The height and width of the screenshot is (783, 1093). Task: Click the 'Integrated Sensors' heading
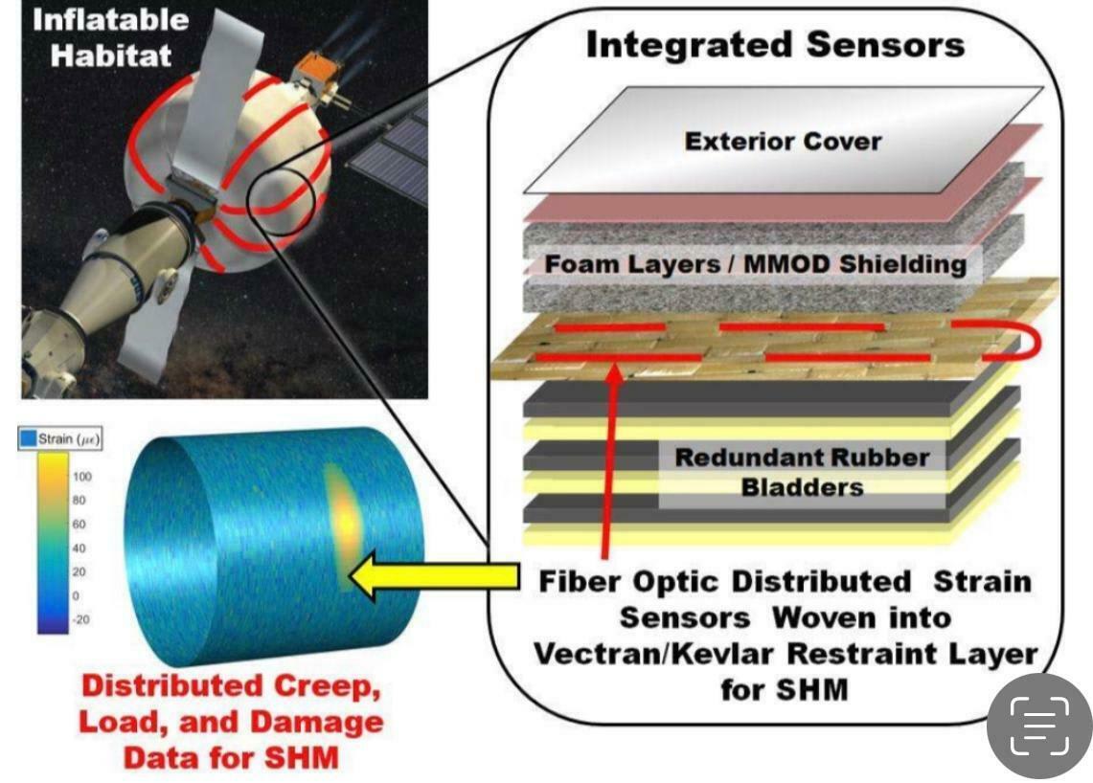coord(775,45)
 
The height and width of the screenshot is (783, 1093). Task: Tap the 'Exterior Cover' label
coord(783,142)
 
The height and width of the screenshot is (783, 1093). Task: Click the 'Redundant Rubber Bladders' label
coord(802,471)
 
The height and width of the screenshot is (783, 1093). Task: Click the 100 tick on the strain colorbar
coord(82,476)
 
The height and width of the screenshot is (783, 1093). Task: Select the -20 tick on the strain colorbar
coord(82,619)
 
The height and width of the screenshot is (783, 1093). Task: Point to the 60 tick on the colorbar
coord(80,524)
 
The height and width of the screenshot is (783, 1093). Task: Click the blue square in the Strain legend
coord(29,439)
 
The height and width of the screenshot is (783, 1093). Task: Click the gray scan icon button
coord(1038,725)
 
